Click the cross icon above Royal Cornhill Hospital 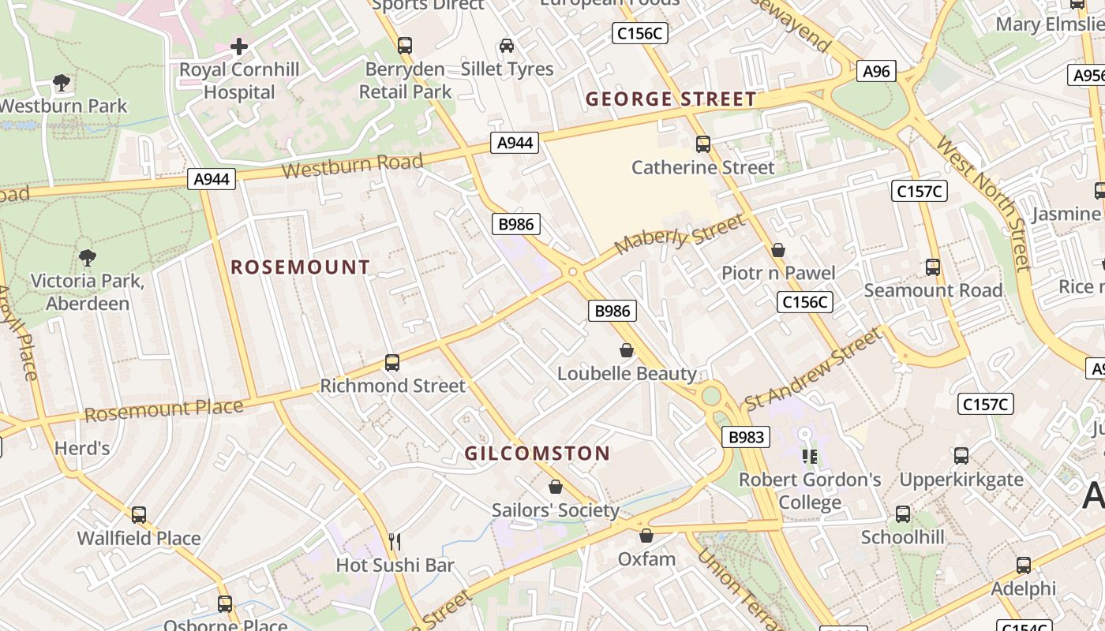coord(239,47)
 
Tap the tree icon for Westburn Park coord(61,82)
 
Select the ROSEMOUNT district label coord(300,267)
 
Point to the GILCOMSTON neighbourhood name coord(537,454)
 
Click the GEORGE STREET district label coord(671,99)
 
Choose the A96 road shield coord(876,72)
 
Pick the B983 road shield coord(745,437)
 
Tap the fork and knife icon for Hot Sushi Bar coord(395,542)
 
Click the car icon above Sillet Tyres coord(507,46)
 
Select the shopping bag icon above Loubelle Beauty coord(627,350)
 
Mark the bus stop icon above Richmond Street coord(392,363)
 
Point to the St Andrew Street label coord(813,369)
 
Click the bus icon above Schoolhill coord(903,514)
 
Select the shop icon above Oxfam coord(646,536)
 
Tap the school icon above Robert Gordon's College coord(809,456)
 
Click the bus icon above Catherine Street coord(702,144)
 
